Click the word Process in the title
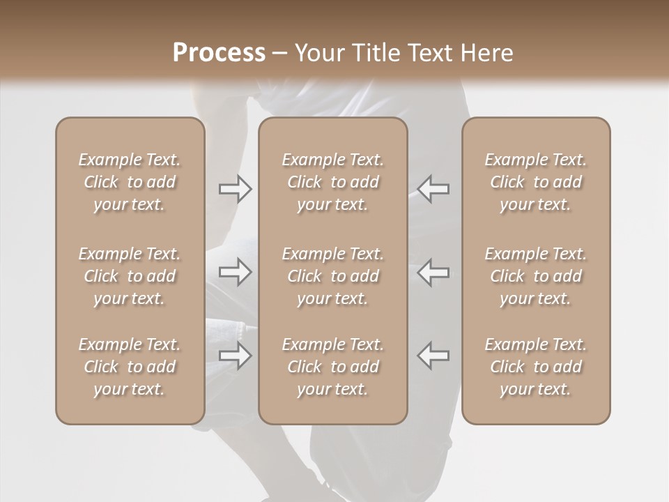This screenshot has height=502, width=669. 219,53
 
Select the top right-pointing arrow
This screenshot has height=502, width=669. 235,189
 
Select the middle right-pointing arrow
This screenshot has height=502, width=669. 235,272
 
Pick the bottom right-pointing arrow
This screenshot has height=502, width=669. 235,356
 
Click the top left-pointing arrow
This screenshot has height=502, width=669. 433,189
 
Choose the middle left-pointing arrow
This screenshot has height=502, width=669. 433,272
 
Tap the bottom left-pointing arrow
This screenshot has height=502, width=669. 433,356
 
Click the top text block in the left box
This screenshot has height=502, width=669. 130,182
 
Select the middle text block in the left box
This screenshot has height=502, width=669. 130,276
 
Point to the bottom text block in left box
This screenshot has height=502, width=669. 130,367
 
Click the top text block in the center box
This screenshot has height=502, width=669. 332,182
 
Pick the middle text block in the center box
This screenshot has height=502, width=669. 332,276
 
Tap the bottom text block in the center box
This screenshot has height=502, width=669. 332,367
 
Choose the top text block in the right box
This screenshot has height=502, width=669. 535,182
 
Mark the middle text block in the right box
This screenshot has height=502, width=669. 535,276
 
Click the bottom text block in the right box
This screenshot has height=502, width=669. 535,367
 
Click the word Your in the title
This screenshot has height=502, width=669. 319,53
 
